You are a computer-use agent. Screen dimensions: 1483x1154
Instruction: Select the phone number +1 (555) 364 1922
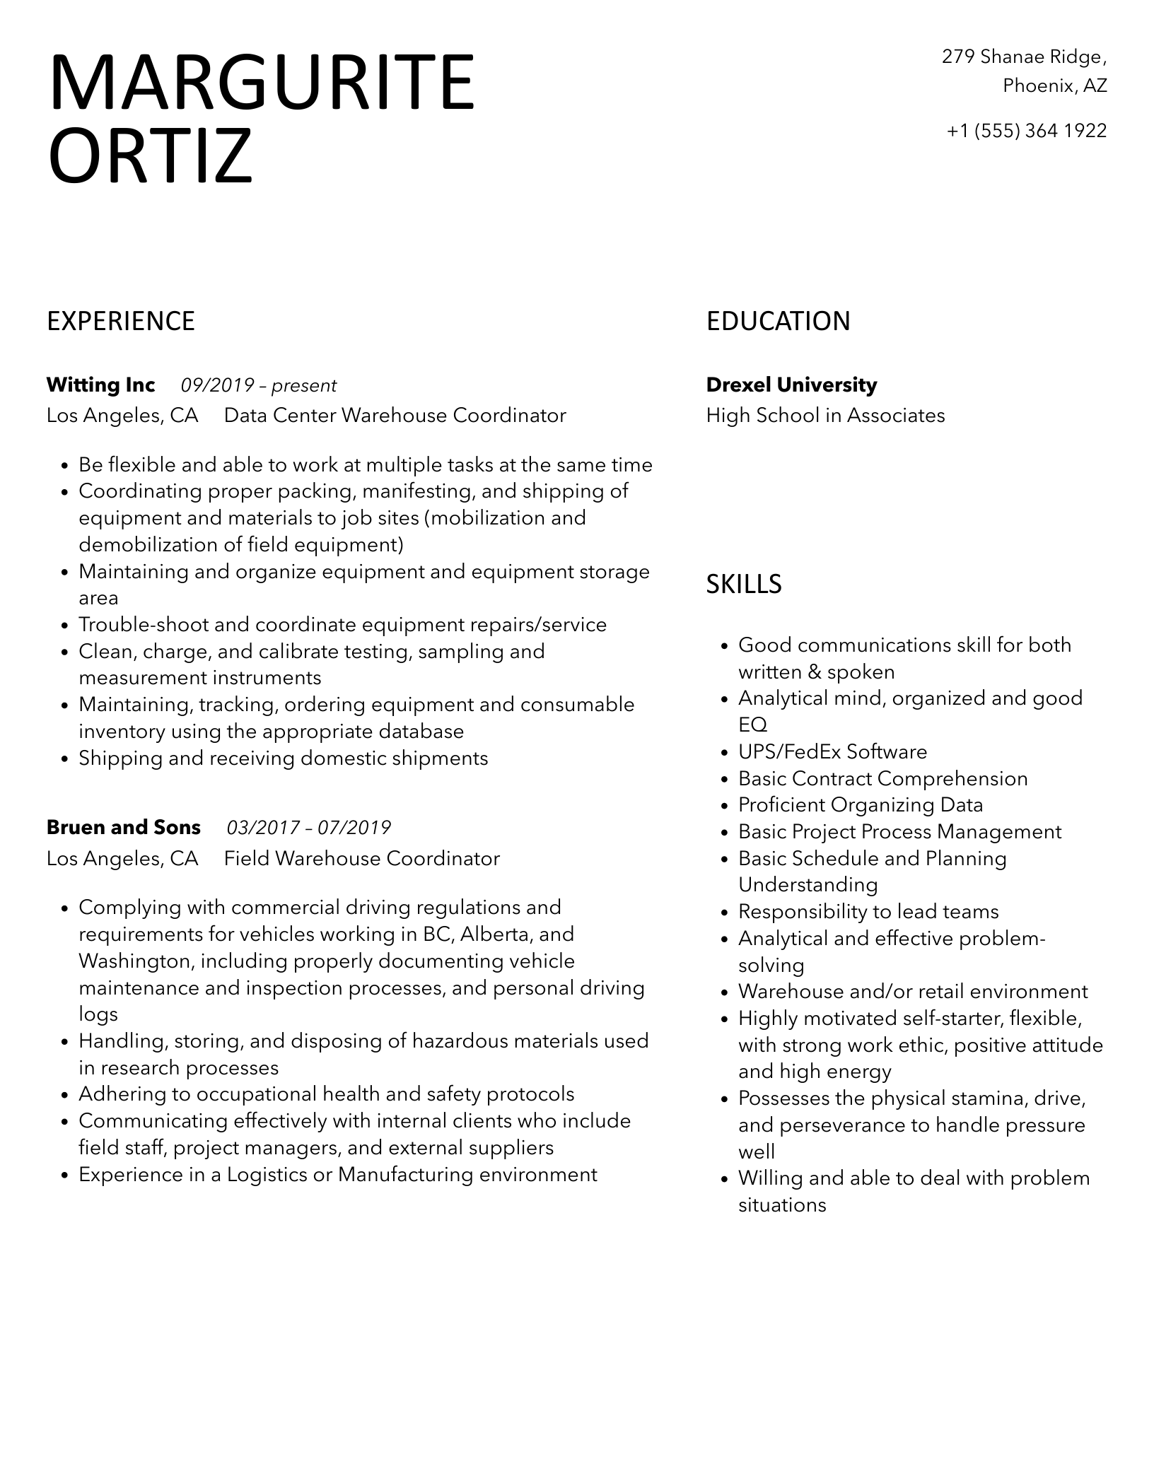pos(1026,131)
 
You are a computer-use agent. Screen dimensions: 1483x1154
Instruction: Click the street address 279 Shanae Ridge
pos(1023,57)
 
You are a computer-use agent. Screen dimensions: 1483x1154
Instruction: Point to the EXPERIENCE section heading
pos(120,321)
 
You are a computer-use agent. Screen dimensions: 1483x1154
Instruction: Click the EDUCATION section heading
pos(778,321)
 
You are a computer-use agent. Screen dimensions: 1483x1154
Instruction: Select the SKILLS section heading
pos(744,584)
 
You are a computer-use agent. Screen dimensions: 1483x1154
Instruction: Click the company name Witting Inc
pos(100,385)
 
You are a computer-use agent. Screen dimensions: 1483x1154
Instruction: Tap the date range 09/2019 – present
pos(259,385)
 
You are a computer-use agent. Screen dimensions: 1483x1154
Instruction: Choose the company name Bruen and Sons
pos(124,827)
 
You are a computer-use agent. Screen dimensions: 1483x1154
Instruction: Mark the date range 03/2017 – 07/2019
pos(308,827)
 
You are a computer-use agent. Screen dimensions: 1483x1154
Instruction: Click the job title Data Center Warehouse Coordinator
pos(395,415)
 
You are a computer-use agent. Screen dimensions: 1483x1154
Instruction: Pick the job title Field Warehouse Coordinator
pos(361,858)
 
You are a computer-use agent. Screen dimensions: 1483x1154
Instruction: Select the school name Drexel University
pos(791,385)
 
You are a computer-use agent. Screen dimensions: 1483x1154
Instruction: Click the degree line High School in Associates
pos(825,415)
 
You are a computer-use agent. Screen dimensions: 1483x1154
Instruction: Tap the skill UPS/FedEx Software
pos(832,751)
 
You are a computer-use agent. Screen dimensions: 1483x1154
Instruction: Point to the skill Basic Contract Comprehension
pos(882,778)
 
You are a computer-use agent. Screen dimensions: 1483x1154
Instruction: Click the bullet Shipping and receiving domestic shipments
pos(283,758)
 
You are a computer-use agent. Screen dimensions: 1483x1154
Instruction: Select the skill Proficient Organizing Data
pos(861,805)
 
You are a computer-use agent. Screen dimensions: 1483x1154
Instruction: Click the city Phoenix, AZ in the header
pos(1054,86)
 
